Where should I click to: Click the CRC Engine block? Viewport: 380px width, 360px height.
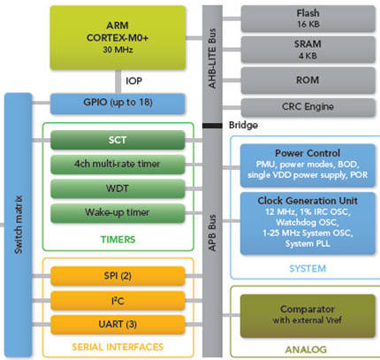coord(307,108)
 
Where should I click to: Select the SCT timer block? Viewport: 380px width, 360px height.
coord(118,141)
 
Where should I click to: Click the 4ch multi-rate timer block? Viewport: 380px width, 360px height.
coord(118,165)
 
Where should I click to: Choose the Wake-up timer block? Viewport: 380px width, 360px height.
coord(118,214)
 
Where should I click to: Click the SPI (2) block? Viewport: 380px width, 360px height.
coord(118,277)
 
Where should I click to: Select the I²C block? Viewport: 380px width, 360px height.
coord(118,301)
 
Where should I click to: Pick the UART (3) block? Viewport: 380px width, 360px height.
coord(118,325)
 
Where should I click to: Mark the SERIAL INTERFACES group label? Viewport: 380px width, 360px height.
coord(118,348)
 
